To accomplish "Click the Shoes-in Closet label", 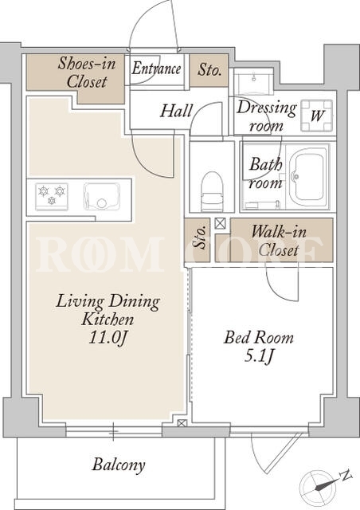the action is pos(87,73).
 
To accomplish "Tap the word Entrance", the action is pos(156,69).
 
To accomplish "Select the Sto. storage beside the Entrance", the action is pos(209,70).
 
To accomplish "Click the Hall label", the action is pos(177,111).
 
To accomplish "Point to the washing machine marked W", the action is pos(317,116).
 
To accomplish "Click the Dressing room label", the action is pos(266,116).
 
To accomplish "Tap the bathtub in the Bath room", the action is pos(307,177).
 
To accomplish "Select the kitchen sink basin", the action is pos(101,196).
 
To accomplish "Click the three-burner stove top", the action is pos(52,197).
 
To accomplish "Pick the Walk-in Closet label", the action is pos(279,241).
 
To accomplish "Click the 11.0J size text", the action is pos(108,338).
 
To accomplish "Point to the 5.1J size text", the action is pos(259,357).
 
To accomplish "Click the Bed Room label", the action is pos(259,337).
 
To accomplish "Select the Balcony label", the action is pos(119,465).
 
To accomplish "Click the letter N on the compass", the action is pos(346,475).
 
